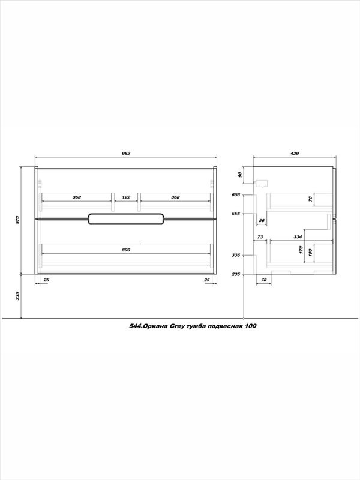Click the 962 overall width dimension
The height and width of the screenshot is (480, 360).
[126, 154]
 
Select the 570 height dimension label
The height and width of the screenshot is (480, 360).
[17, 220]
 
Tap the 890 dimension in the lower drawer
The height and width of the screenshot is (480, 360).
[126, 250]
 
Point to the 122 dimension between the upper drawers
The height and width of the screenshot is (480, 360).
[126, 197]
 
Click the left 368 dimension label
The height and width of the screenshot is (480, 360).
[77, 197]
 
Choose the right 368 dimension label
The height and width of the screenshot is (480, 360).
[175, 197]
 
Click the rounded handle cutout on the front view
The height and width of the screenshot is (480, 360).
[126, 219]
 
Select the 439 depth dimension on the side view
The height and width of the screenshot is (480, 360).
[294, 154]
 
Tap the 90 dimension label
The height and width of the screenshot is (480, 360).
[240, 175]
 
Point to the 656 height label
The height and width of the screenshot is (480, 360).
[236, 194]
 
